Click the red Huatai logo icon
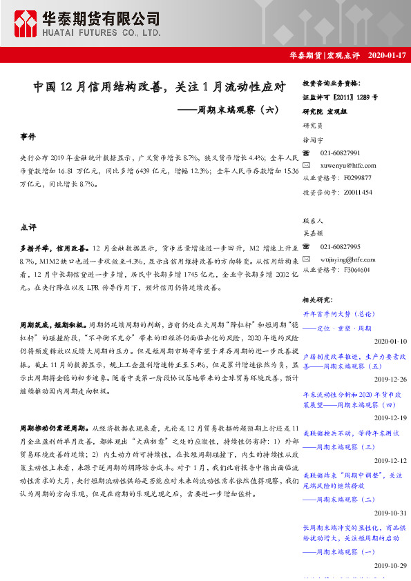[28, 24]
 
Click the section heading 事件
[28, 138]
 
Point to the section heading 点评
[28, 226]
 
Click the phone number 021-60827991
[341, 152]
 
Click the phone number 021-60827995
[341, 246]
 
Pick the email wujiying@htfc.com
[347, 259]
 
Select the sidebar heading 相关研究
[318, 299]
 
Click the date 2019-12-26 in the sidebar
[390, 380]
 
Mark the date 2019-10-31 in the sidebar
[390, 513]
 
